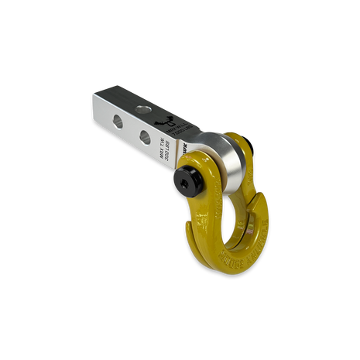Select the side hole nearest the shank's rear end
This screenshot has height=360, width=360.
pyautogui.click(x=117, y=120)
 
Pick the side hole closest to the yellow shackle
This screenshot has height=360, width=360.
pyautogui.click(x=145, y=136)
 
